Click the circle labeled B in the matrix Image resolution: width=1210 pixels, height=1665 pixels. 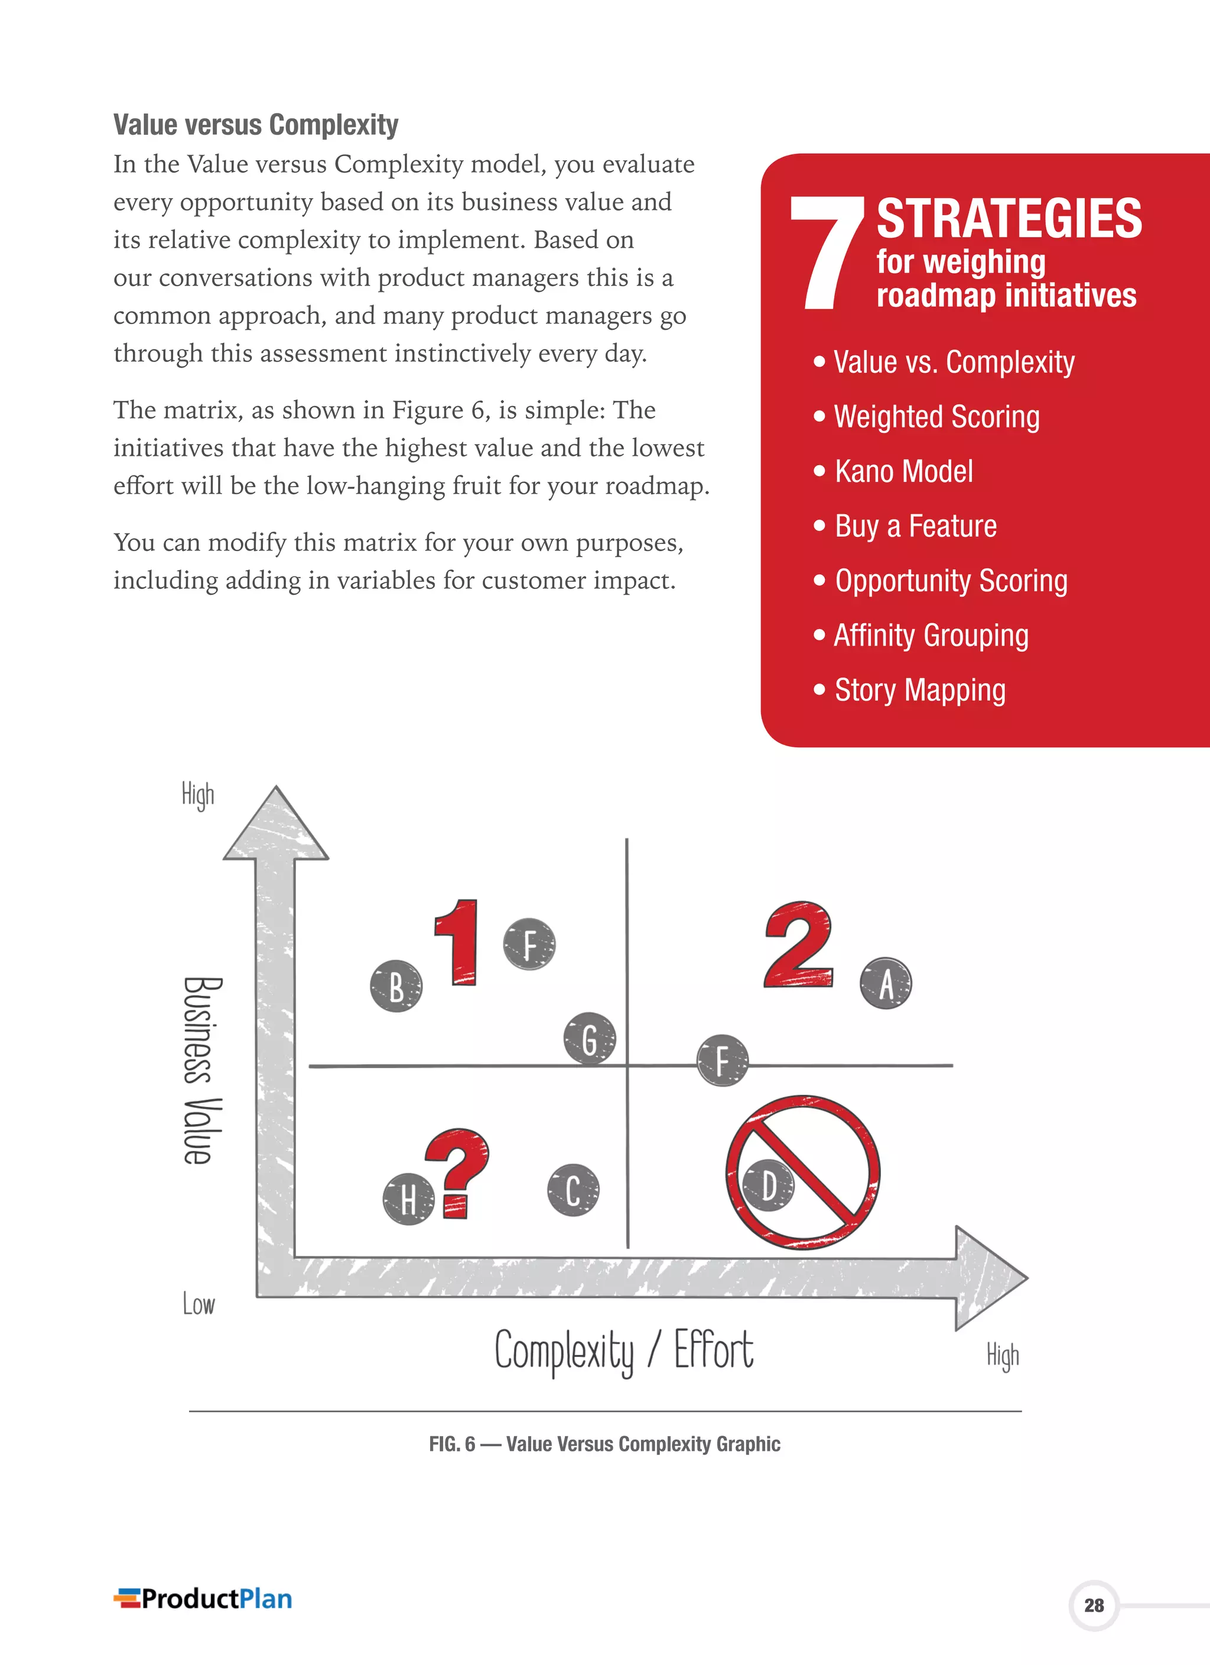click(x=396, y=986)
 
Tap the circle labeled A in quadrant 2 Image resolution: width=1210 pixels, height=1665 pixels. click(x=886, y=983)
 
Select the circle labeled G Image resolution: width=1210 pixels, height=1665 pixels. click(x=589, y=1038)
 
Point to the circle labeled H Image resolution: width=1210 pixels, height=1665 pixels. click(x=409, y=1200)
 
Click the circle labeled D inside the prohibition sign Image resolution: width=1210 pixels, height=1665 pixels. click(x=767, y=1185)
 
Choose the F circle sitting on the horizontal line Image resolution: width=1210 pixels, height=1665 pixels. click(x=722, y=1061)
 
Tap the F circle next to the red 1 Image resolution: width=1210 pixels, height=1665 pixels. click(x=529, y=944)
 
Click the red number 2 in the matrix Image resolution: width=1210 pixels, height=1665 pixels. click(x=798, y=945)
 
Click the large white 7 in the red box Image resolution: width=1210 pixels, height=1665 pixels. click(x=828, y=252)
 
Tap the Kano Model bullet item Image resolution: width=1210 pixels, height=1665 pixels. click(x=903, y=471)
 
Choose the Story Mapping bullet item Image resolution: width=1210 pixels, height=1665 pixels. click(x=919, y=690)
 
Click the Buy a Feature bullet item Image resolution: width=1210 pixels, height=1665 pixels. click(x=915, y=526)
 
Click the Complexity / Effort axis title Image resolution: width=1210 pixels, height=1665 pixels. click(x=624, y=1351)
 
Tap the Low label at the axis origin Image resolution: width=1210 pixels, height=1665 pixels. click(x=198, y=1304)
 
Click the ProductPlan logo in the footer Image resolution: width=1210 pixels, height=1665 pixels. click(x=203, y=1598)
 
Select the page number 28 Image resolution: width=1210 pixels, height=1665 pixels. click(x=1094, y=1605)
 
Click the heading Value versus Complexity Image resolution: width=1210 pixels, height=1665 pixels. click(x=255, y=125)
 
